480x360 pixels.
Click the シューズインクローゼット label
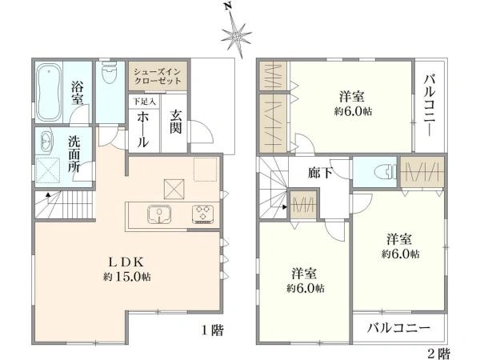(160, 78)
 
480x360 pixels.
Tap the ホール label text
(142, 128)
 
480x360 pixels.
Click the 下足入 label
(144, 102)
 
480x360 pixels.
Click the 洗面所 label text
(74, 155)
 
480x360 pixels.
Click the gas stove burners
(202, 214)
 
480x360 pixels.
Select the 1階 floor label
(211, 329)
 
